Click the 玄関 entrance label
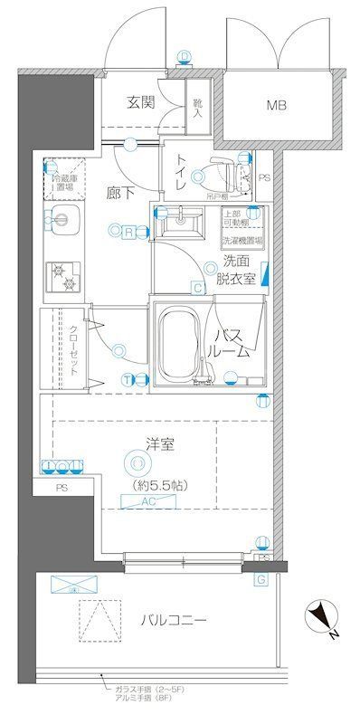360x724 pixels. (x=140, y=102)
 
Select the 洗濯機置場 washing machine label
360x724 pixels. (x=242, y=242)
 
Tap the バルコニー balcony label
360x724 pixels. (x=175, y=621)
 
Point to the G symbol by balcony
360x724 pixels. (x=261, y=579)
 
